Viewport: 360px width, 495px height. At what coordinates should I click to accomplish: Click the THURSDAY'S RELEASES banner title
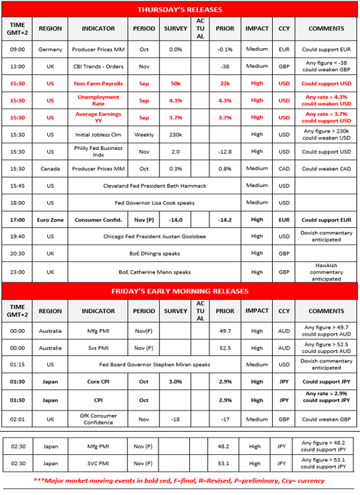point(180,9)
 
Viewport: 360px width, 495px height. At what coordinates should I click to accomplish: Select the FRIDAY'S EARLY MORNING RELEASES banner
point(180,290)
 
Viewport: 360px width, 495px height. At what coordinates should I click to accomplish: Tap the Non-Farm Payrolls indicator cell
point(98,84)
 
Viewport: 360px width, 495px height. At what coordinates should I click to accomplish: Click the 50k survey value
point(175,84)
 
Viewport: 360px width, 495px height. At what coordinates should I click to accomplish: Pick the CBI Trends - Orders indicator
point(98,66)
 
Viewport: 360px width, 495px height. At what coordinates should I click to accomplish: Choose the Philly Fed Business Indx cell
point(98,151)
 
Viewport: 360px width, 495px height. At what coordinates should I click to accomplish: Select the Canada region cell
point(50,169)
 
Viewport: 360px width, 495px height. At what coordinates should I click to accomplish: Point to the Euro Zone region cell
point(50,220)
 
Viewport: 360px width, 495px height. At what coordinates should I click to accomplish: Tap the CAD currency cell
point(284,169)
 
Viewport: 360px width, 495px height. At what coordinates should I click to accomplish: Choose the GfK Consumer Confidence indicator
point(98,419)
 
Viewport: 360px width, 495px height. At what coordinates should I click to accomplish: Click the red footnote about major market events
point(180,481)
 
